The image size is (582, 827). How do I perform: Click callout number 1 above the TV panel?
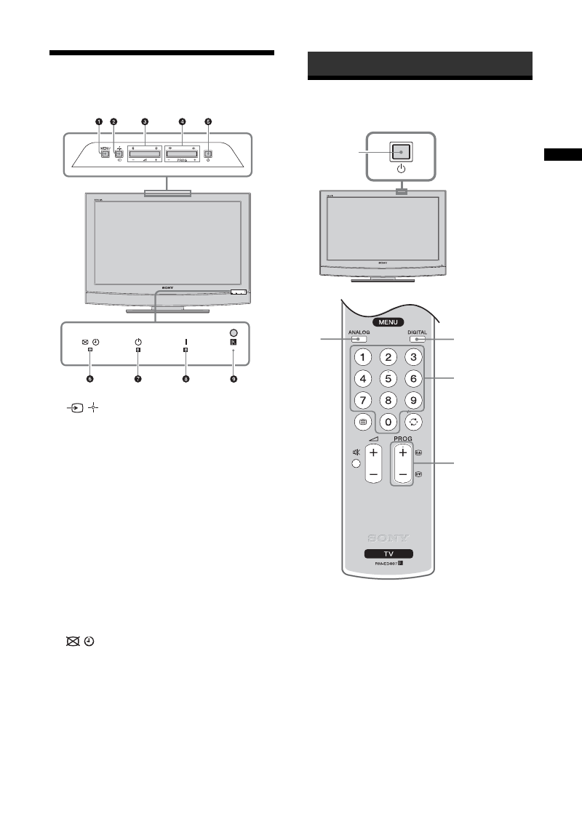point(97,122)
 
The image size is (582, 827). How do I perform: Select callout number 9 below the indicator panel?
point(234,379)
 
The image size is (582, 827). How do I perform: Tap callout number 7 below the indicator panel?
point(137,379)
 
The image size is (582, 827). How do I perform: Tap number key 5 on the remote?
point(390,377)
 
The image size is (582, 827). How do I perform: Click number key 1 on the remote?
point(367,357)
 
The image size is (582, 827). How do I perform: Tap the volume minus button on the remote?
point(374,474)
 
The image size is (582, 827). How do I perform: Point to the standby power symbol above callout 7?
point(137,342)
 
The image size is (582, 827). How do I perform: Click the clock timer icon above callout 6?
point(96,342)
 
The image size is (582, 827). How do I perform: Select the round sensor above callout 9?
point(234,331)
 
